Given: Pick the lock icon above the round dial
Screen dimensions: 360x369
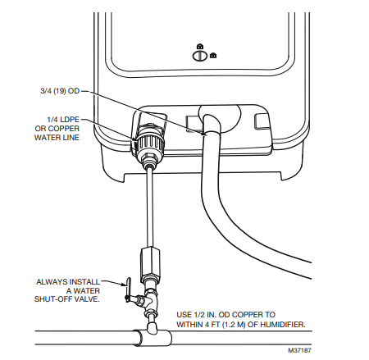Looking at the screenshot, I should [x=198, y=45].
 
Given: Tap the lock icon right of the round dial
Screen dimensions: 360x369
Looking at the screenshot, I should [x=213, y=56].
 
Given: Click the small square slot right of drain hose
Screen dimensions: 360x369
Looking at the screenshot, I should [x=262, y=121].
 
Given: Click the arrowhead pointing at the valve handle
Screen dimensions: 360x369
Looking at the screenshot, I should [x=122, y=283].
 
